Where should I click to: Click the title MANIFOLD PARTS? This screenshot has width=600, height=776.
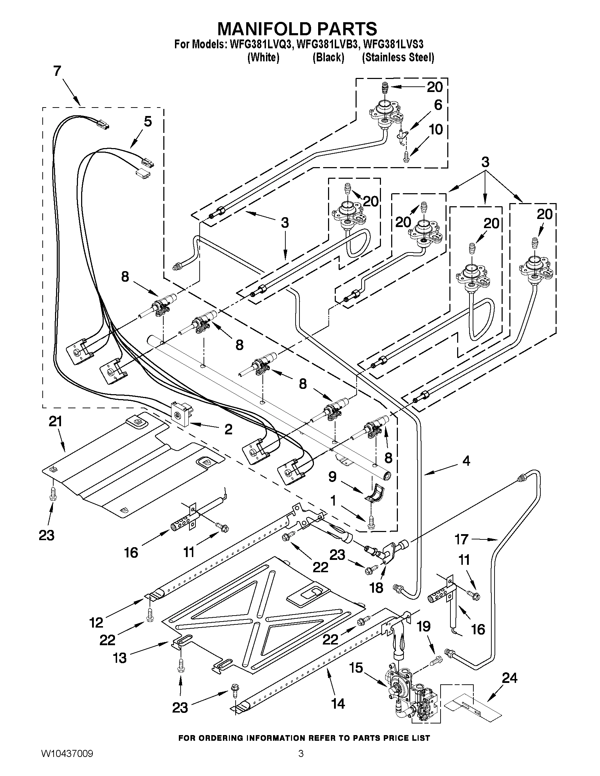(297, 29)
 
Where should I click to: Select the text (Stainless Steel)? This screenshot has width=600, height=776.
(398, 57)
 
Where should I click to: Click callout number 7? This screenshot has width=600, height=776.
(57, 72)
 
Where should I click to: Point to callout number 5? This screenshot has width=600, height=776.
(147, 122)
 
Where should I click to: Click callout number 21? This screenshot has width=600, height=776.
(55, 422)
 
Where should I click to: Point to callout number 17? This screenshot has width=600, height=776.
(461, 539)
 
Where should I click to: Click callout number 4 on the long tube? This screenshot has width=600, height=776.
(466, 461)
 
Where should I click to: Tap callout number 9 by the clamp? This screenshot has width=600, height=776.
(332, 477)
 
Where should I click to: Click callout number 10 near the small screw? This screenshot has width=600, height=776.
(436, 129)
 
